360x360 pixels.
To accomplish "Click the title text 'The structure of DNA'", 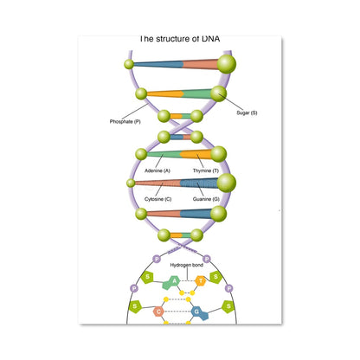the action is click(x=179, y=39).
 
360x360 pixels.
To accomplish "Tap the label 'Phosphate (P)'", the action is click(x=125, y=121).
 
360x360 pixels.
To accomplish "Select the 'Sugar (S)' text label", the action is click(x=247, y=112).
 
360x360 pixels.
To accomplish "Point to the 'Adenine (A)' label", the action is click(x=157, y=170).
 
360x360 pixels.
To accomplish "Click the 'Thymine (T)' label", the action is click(x=206, y=170).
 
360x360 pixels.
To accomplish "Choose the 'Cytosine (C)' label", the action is click(x=157, y=199).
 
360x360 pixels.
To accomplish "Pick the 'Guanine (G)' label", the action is click(x=206, y=199).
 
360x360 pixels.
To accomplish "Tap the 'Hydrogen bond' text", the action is click(x=187, y=265).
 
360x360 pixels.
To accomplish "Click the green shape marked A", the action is click(x=171, y=282).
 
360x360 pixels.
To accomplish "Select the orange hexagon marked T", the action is click(x=201, y=280).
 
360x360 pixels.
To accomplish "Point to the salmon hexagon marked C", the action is click(x=158, y=312).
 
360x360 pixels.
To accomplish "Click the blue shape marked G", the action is click(x=200, y=312).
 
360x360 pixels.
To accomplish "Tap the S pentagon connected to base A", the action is click(x=147, y=277).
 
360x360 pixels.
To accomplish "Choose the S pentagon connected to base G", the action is click(x=228, y=306).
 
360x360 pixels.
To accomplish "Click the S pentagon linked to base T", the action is click(x=215, y=277).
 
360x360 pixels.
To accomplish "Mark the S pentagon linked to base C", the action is click(x=135, y=306).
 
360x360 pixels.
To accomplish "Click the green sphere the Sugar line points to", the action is click(x=218, y=93).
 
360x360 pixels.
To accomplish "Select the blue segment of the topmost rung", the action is click(x=158, y=64).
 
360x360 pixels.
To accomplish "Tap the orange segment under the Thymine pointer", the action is click(x=196, y=154).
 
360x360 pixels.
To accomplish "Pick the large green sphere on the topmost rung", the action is click(x=227, y=64).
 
